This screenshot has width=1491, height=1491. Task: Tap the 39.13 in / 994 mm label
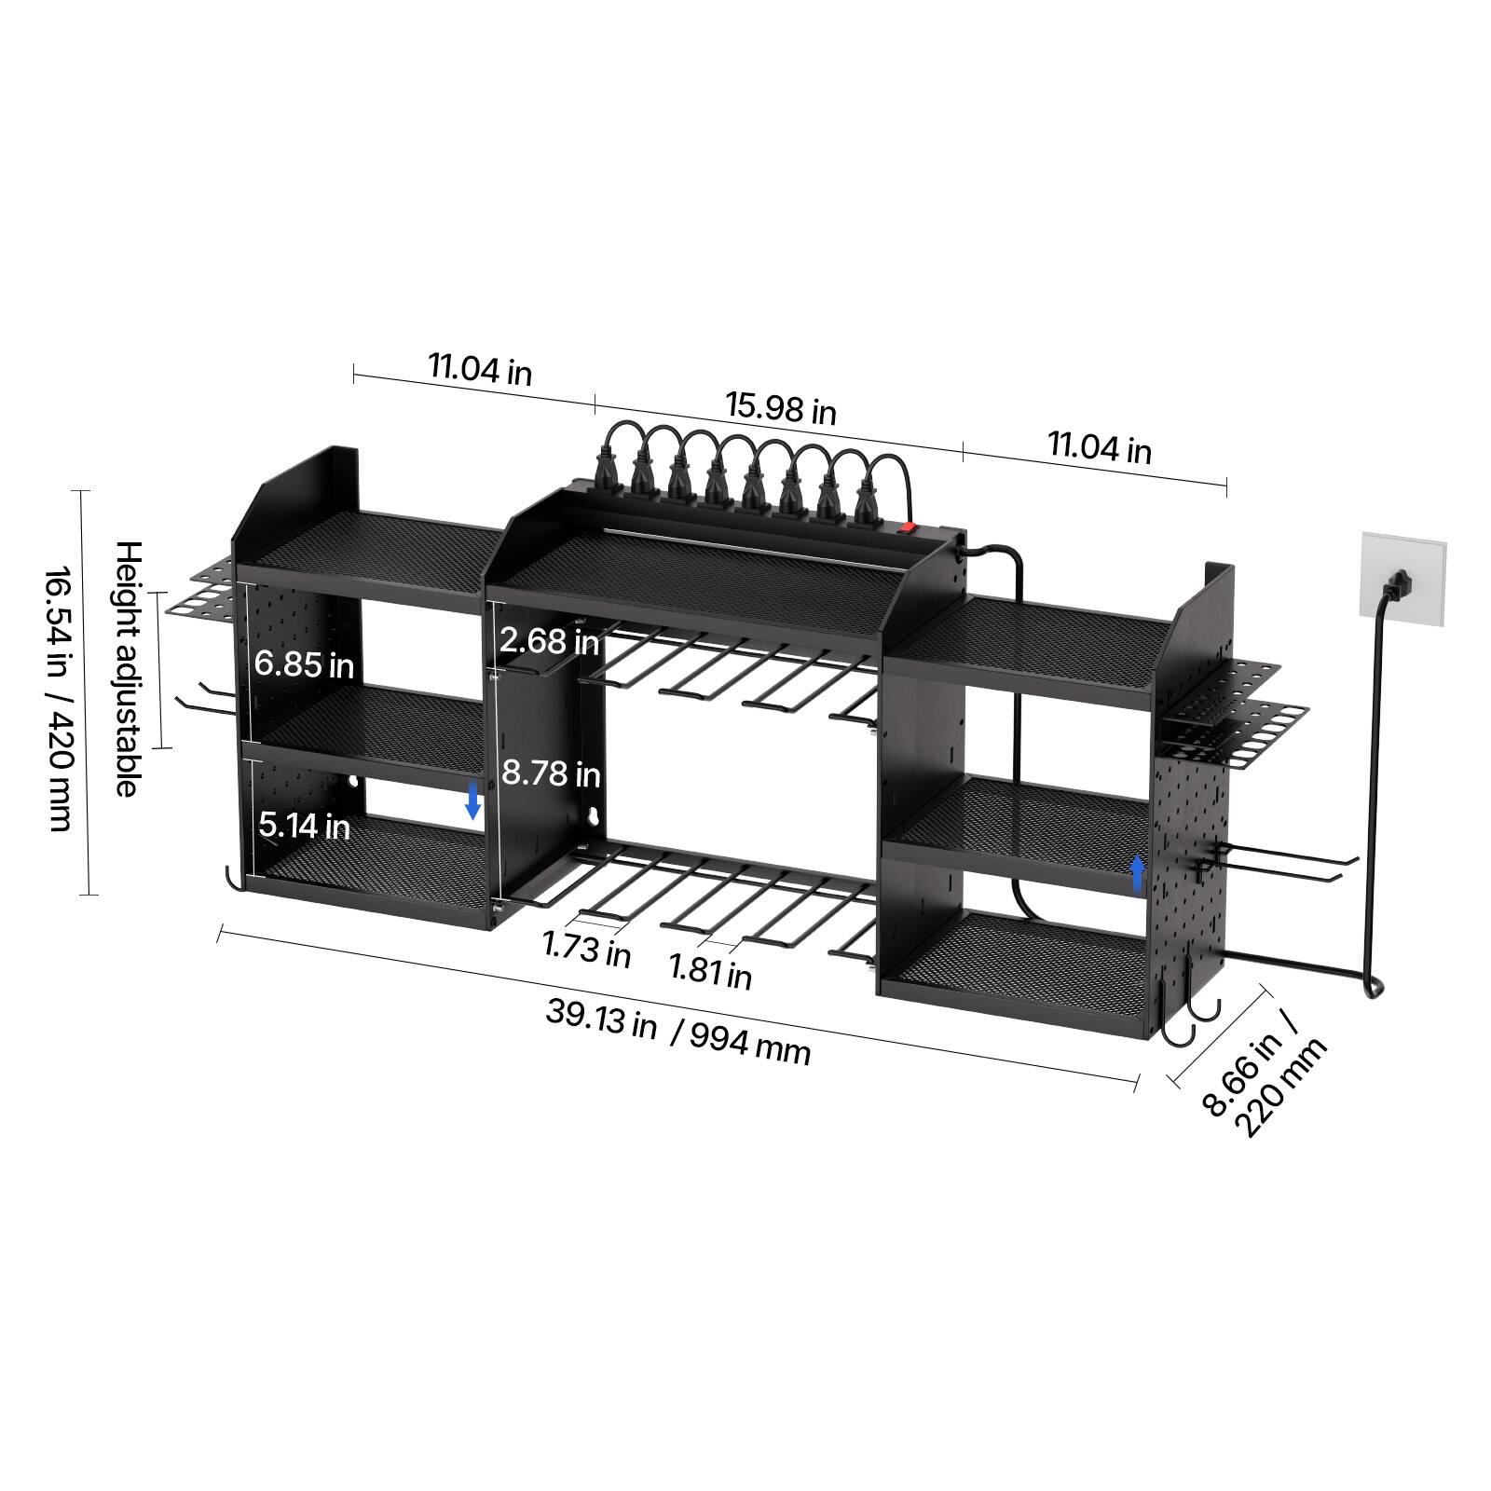677,1031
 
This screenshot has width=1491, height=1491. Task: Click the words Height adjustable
128,668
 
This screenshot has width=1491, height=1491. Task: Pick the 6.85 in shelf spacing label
304,664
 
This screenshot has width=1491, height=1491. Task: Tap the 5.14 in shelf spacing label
304,825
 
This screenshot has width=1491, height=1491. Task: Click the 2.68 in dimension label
549,640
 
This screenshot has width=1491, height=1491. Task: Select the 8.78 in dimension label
551,773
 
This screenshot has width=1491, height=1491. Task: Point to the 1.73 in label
587,949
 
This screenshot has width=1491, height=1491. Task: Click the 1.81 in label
710,972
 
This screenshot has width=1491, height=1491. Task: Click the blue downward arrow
473,800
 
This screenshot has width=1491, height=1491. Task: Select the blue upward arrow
1137,875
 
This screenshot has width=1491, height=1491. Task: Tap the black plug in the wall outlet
1398,585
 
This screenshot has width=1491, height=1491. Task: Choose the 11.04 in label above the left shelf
480,369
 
